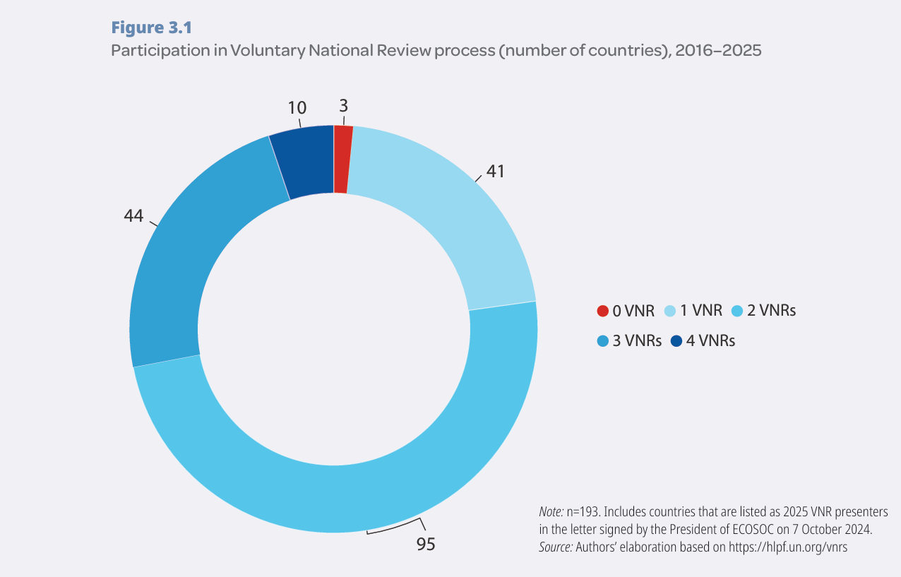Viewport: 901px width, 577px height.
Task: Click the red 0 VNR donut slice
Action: click(x=342, y=159)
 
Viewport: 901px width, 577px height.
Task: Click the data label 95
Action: click(x=425, y=544)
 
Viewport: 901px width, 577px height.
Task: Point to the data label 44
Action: click(x=133, y=216)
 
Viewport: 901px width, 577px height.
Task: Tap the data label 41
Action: click(x=495, y=172)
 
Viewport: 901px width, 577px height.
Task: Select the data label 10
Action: click(x=297, y=108)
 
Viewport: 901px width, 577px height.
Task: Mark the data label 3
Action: click(x=343, y=105)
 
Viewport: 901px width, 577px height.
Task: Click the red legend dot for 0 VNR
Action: click(x=602, y=311)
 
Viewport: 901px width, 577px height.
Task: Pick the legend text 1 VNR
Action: click(x=701, y=311)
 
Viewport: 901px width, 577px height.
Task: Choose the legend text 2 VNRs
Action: click(x=771, y=311)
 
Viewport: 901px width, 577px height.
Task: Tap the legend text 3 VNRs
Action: click(x=637, y=341)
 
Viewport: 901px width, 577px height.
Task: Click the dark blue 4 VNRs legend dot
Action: click(x=676, y=341)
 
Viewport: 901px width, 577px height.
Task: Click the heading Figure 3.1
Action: click(x=152, y=28)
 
